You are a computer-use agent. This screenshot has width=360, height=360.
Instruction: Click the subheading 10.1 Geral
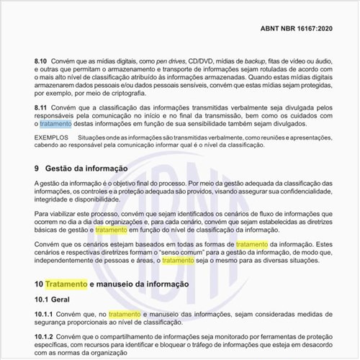[x=55, y=299]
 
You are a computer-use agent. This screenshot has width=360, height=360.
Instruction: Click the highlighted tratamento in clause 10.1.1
[x=125, y=315]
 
